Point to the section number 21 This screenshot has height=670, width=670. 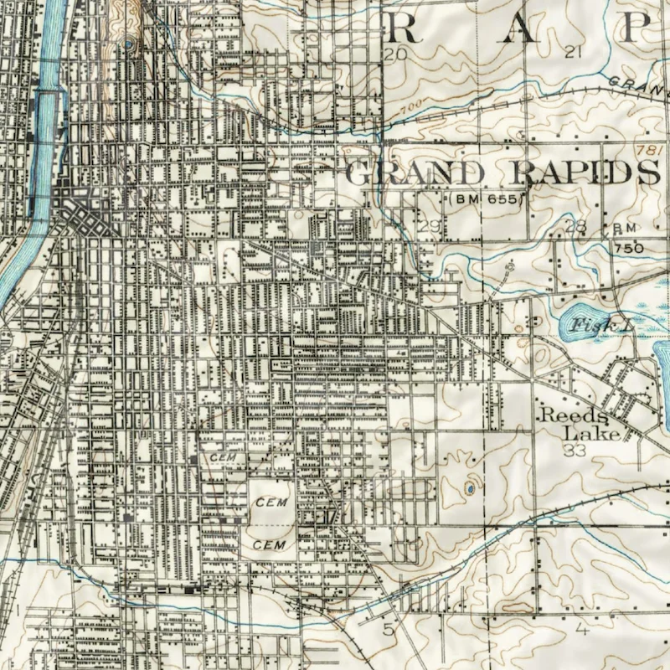point(573,53)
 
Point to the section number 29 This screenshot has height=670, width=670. point(430,227)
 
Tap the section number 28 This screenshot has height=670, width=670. point(576,227)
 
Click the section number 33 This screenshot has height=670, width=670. point(574,451)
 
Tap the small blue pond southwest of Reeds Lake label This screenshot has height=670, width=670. point(470,487)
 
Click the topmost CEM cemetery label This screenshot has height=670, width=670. point(224,456)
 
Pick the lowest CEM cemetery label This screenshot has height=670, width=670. point(270,545)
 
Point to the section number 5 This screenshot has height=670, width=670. point(388,628)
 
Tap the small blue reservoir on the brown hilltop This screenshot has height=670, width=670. point(128,44)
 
